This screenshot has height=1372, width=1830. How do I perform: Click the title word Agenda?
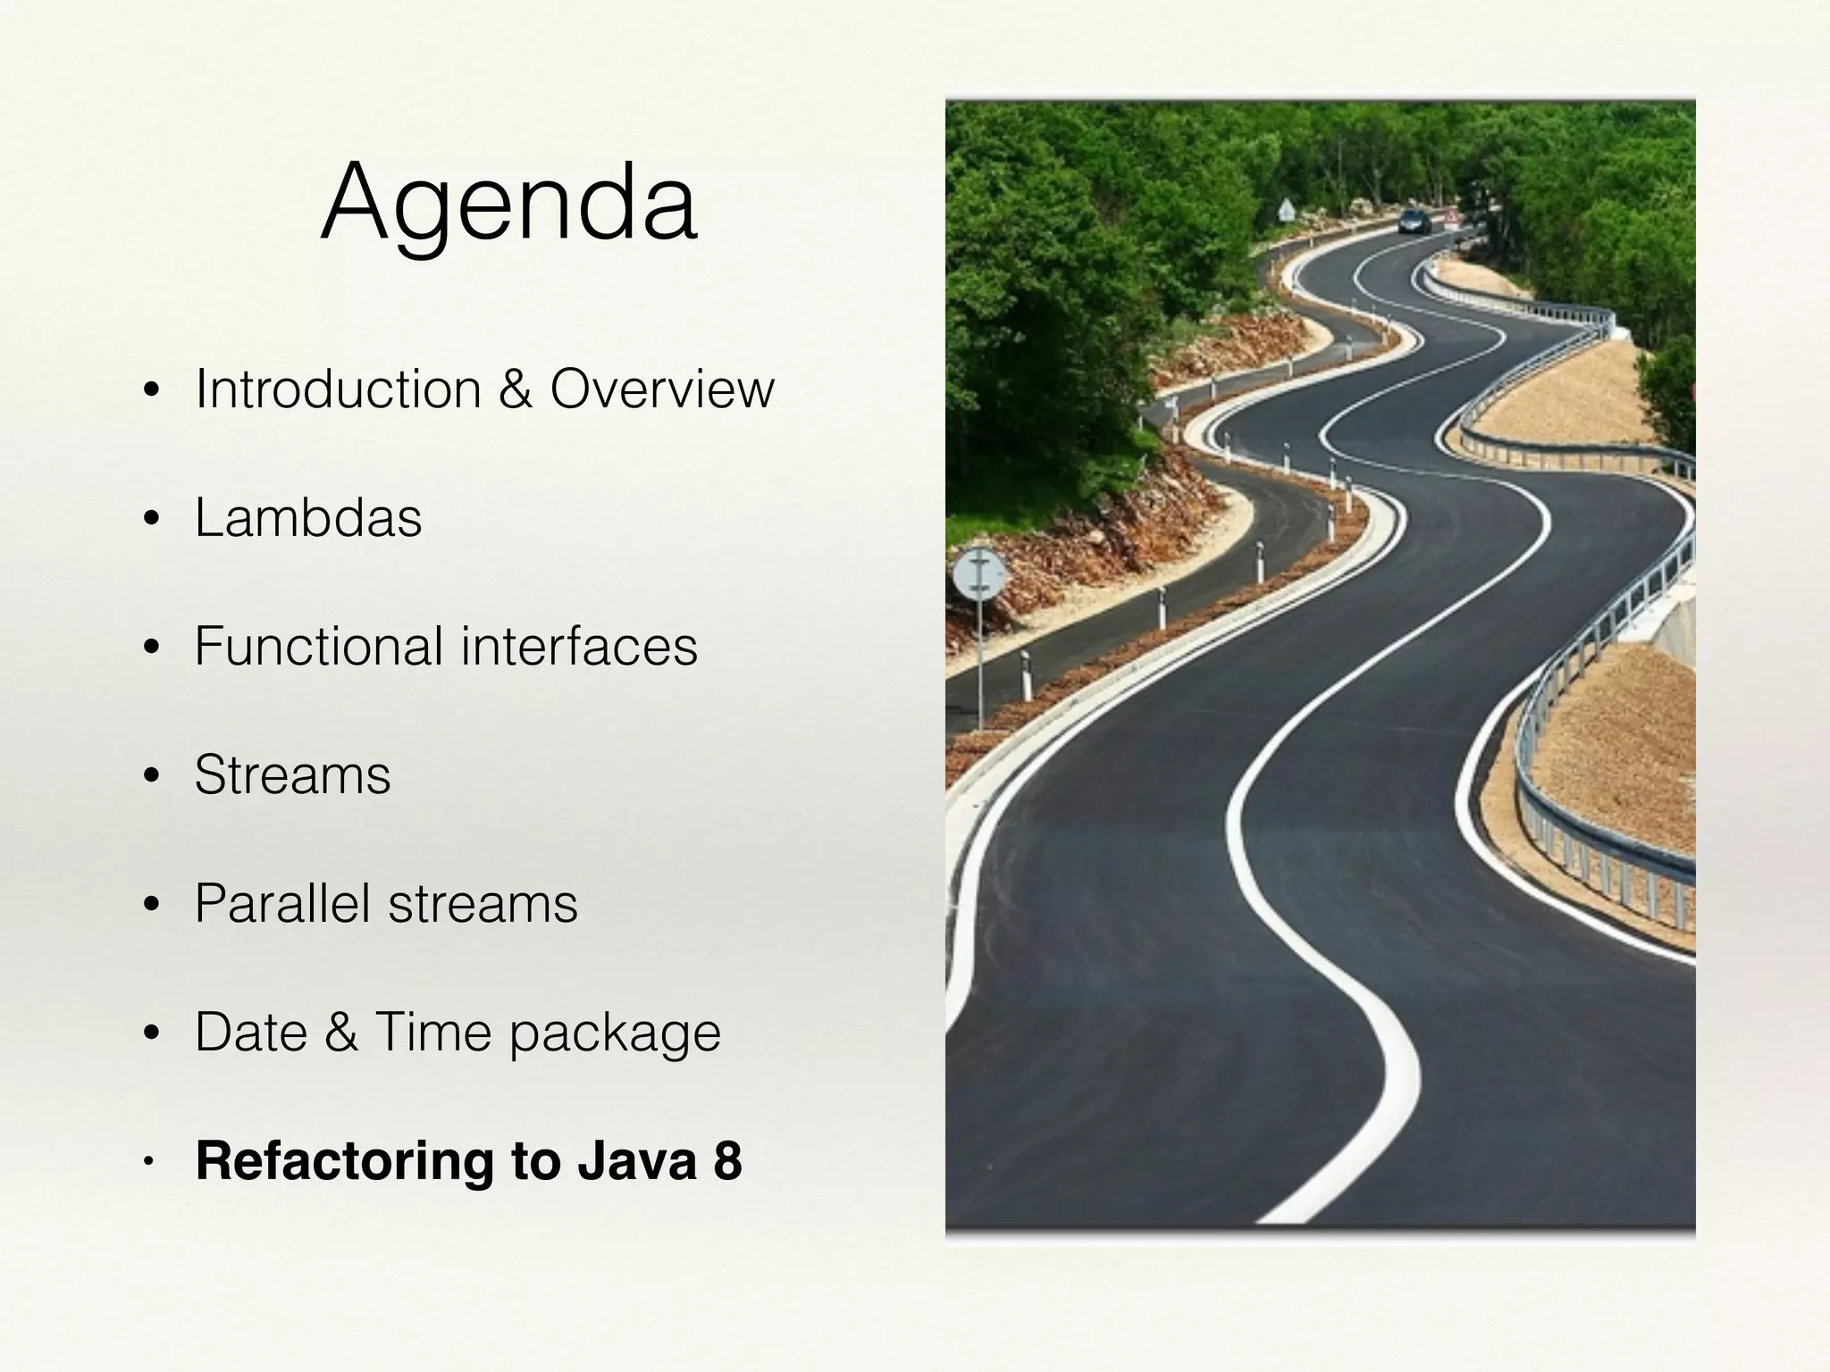coord(508,205)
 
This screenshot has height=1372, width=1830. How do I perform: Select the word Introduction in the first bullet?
coord(339,389)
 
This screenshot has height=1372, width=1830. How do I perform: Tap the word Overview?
coord(662,389)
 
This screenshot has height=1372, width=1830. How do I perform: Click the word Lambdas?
coord(308,518)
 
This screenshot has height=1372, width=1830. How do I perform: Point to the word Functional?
coord(319,646)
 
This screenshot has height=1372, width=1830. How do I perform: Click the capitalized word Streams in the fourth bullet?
coord(292,774)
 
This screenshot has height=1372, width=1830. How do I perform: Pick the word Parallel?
coord(282,903)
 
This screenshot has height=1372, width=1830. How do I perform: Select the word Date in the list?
coord(249,1032)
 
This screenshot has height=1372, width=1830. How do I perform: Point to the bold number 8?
coord(727,1160)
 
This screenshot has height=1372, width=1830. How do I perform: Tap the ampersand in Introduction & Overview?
coord(516,389)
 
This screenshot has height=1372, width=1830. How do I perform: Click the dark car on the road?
coord(1414,221)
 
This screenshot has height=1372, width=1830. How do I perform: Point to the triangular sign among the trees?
coord(1285,210)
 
